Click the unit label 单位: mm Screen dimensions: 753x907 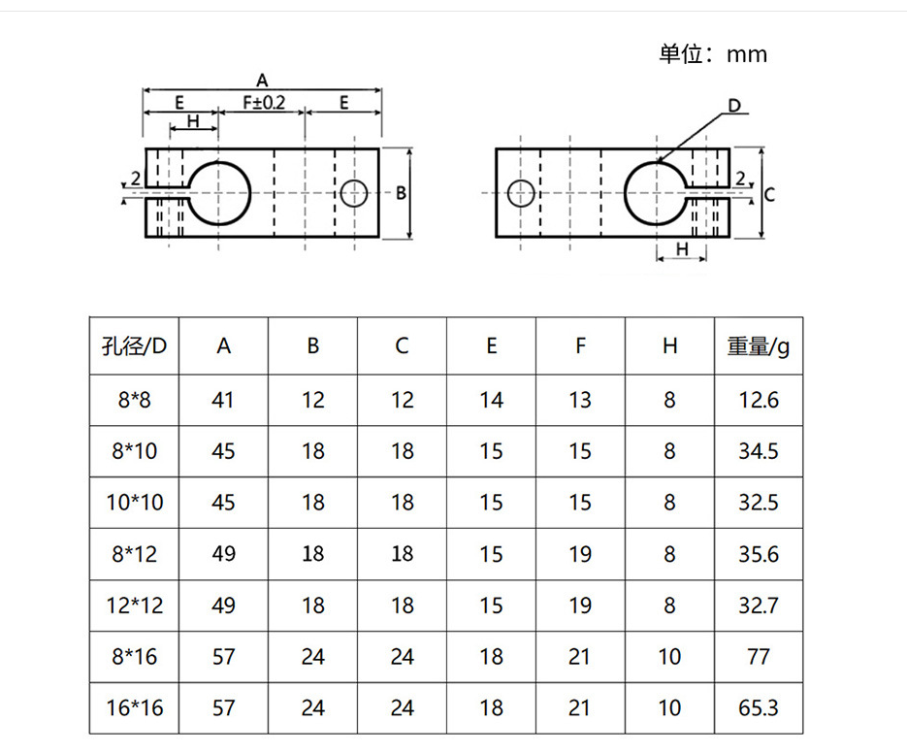point(713,54)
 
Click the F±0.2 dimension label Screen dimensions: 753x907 point(263,102)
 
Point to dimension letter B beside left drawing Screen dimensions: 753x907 point(400,192)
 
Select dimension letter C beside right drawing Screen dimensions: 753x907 point(768,194)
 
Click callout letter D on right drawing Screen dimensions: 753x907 point(734,105)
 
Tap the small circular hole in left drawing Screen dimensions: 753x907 point(354,193)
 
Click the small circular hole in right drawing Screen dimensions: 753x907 point(521,193)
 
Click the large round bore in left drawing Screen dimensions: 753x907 point(219,192)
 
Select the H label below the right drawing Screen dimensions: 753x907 point(681,249)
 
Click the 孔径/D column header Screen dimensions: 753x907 point(135,345)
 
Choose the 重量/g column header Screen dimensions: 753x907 point(759,345)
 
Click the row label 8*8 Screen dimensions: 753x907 point(135,400)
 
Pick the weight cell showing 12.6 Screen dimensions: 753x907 point(759,400)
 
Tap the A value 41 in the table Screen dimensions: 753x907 point(223,400)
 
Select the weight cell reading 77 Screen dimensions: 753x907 point(759,657)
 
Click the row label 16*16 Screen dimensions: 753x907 point(135,708)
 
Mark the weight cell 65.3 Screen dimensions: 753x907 point(759,708)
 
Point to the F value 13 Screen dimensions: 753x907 point(580,400)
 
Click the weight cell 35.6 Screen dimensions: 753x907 point(759,554)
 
